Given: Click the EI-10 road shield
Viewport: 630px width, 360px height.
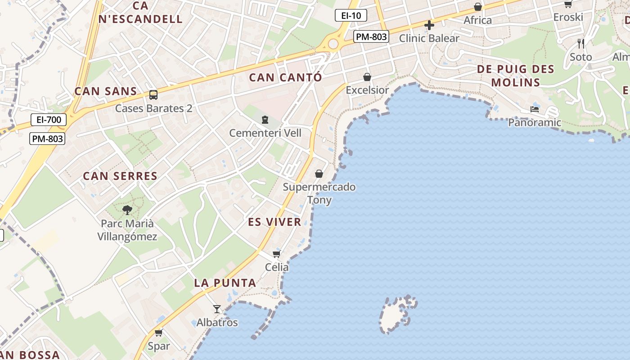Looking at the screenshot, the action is point(351,16).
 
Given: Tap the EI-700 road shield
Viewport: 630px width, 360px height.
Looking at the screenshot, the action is point(49,120).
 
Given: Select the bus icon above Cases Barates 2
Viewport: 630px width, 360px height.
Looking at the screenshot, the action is point(153,95).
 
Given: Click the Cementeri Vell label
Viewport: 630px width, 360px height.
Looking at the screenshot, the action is point(265,133).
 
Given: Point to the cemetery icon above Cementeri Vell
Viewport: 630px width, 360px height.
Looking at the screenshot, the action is point(265,120).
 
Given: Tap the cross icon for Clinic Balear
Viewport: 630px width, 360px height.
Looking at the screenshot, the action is point(429,25).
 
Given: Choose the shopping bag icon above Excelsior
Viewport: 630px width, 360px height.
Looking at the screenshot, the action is point(367,77).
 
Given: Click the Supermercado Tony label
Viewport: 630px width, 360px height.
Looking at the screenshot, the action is point(319,193).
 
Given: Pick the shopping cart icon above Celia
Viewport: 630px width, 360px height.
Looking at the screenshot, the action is point(276,254).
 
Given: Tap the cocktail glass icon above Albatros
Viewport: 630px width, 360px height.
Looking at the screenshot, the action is point(217,309).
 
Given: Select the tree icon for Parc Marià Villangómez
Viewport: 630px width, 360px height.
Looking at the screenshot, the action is point(127,210).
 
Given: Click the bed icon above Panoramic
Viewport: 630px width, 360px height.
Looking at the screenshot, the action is point(535,109).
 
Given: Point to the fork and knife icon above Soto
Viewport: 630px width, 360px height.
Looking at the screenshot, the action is point(581,44).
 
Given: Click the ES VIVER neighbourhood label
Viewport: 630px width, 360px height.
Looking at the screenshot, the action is point(274,222).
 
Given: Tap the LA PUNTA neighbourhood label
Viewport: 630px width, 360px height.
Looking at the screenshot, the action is point(225,283).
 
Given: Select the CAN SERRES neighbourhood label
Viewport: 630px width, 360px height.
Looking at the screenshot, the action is point(120,176).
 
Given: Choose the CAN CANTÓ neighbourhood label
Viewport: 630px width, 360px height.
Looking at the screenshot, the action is point(286,77).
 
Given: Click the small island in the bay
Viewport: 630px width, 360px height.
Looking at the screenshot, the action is point(396,315).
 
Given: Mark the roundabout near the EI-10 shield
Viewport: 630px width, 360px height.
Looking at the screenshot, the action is point(333,44).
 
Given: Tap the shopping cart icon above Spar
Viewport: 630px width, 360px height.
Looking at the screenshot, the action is point(158,333).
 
